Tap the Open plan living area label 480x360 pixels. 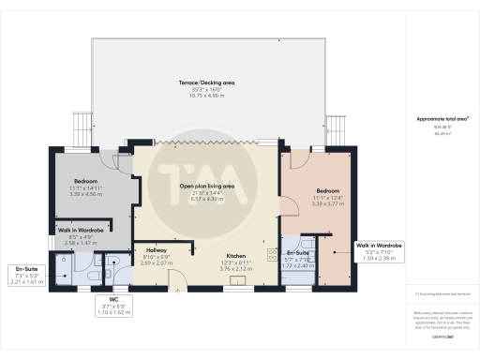[x=207, y=187]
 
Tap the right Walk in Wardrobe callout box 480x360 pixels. [x=380, y=251]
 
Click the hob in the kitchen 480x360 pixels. [x=273, y=254]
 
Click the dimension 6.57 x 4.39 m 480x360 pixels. [x=207, y=198]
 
